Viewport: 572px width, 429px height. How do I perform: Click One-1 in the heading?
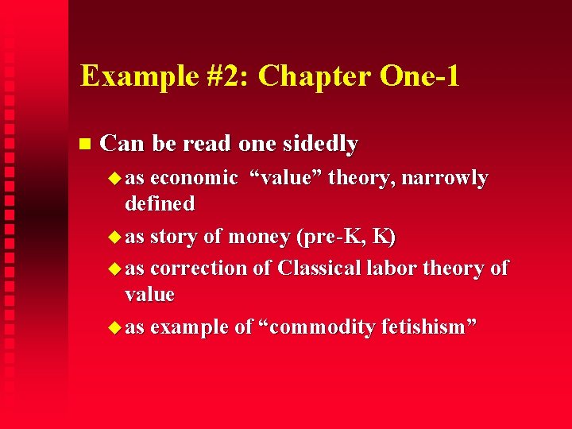[419, 76]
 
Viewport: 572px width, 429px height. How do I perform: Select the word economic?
[194, 178]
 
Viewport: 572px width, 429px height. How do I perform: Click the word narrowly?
[444, 178]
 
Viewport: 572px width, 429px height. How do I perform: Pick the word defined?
[160, 204]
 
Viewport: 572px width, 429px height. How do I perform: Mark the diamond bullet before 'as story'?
[114, 237]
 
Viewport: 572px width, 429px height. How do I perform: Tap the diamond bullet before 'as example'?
[114, 327]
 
